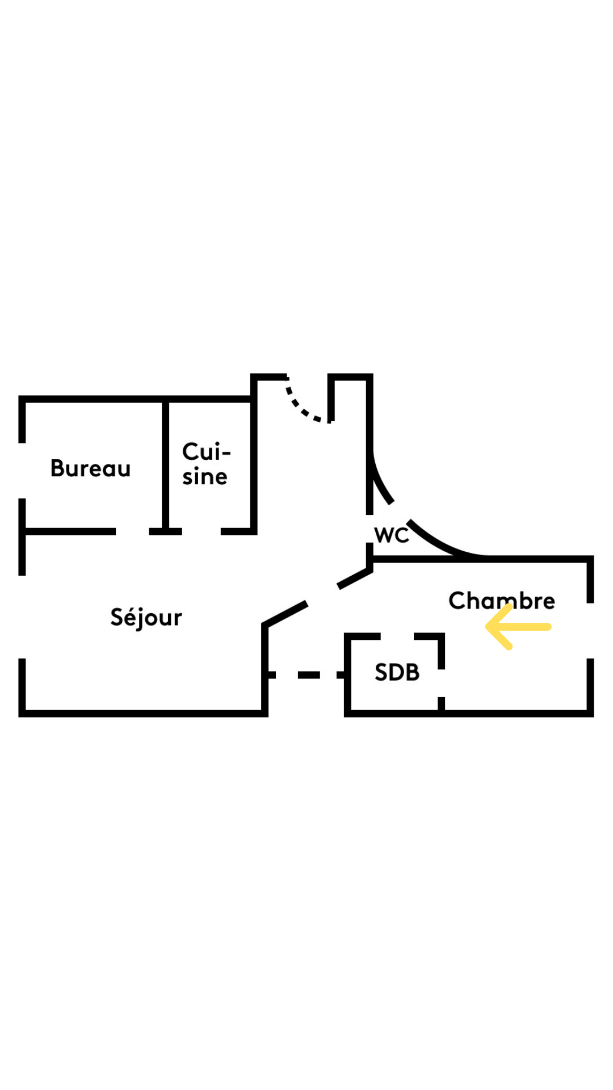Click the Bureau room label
coord(91,468)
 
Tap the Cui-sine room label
coord(205,464)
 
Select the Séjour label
coord(146,618)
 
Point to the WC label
coord(392,535)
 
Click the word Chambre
coord(502,600)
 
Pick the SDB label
coord(397,672)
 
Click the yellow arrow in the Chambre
coord(518,627)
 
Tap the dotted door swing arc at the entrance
coord(300,407)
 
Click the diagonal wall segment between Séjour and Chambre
coord(318,596)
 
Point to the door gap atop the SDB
coord(397,636)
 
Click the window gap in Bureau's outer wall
coord(22,471)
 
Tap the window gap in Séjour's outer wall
coord(22,617)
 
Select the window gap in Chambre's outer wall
coord(590,631)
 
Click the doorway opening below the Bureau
coord(132,531)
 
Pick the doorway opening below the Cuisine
coord(201,531)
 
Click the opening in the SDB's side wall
coord(441,683)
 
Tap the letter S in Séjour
coord(116,617)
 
